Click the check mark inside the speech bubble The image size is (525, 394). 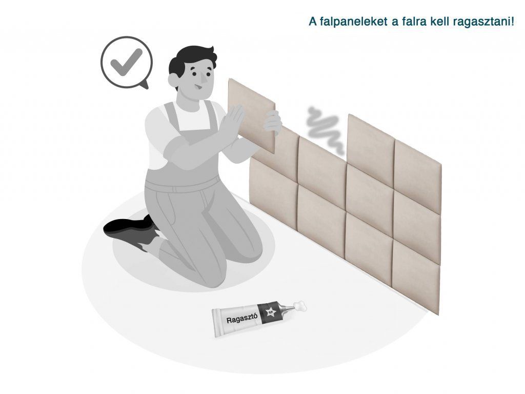[127, 62]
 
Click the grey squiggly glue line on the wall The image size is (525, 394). [325, 131]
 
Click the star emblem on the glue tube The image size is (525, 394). [270, 313]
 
